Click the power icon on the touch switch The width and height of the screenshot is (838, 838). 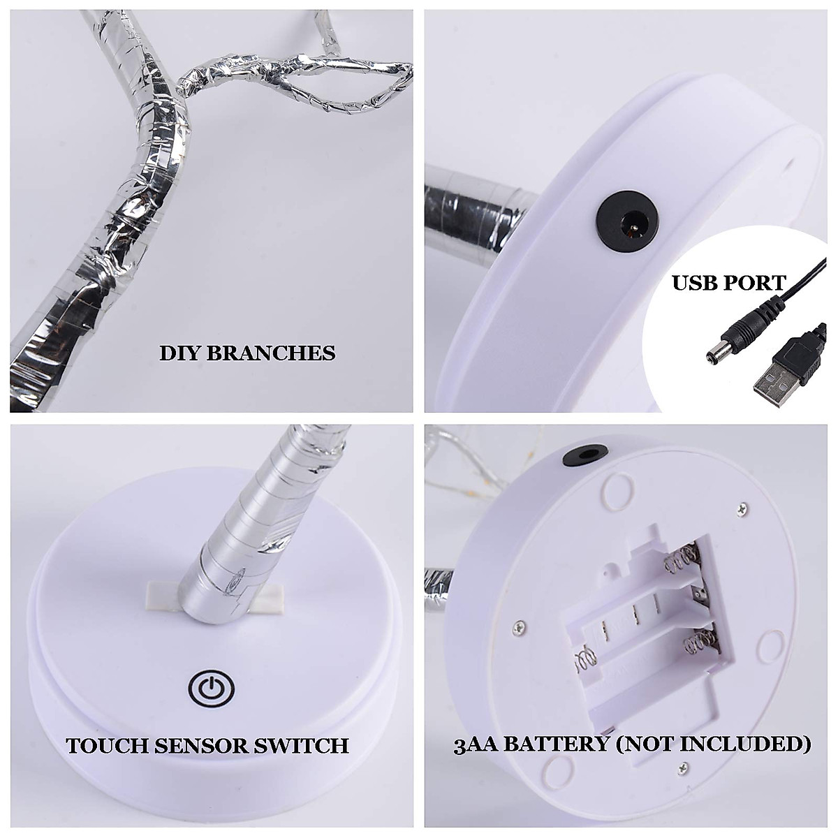[x=210, y=688]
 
